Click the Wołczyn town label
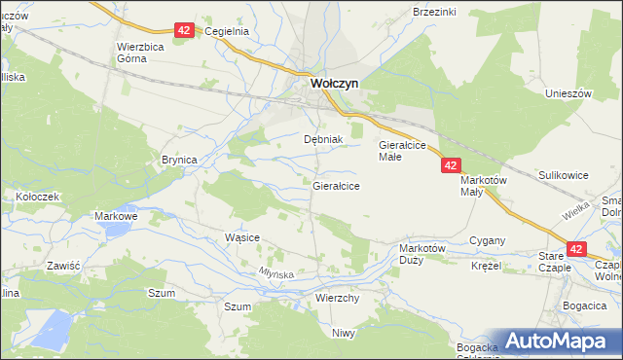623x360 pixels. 334,84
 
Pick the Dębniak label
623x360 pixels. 323,139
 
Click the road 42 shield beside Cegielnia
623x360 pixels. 185,30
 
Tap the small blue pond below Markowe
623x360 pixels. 115,231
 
